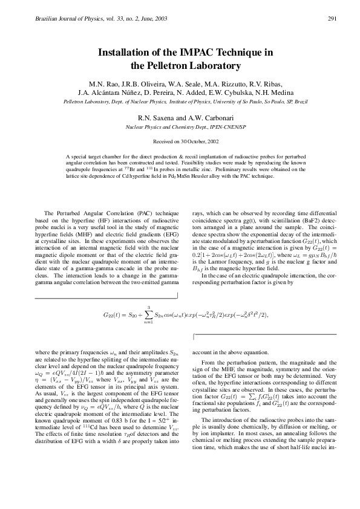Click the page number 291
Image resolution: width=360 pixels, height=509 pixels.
(332, 18)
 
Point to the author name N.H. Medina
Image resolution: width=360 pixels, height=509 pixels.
(264, 92)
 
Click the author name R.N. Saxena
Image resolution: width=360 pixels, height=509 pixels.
(157, 117)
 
